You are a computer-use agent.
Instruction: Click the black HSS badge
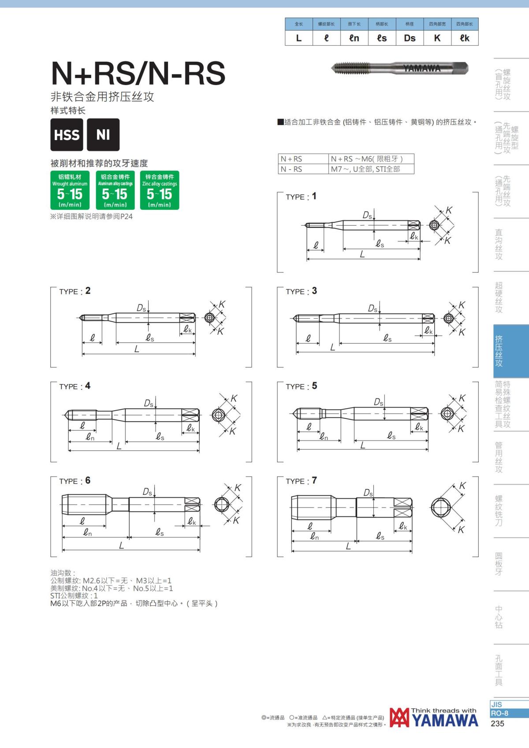[x=67, y=134]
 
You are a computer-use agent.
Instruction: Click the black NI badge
[x=103, y=134]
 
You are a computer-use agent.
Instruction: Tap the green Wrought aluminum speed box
[x=70, y=190]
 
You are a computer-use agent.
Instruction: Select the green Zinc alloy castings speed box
[x=160, y=190]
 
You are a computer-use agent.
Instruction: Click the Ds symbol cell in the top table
[x=410, y=38]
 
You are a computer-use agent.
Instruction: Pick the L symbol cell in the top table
[x=299, y=38]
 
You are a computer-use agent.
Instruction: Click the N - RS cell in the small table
[x=303, y=169]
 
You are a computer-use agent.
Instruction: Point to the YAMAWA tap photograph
[x=400, y=68]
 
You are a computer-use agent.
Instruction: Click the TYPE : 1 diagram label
[x=301, y=196]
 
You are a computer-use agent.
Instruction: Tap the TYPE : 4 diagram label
[x=75, y=386]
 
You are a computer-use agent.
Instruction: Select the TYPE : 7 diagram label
[x=301, y=481]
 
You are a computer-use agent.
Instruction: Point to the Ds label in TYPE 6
[x=147, y=492]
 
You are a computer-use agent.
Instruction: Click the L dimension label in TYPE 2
[x=137, y=349]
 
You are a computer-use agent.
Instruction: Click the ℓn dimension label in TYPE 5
[x=324, y=436]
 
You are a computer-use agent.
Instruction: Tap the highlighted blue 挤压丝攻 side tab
[x=511, y=351]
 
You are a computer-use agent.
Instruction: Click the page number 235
[x=497, y=724]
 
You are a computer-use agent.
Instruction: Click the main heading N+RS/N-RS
[x=138, y=73]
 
